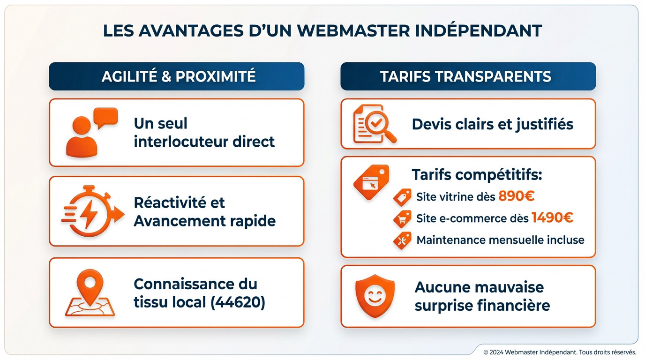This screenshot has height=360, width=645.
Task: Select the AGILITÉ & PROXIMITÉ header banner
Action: [177, 76]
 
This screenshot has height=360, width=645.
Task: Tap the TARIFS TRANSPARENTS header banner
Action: [468, 76]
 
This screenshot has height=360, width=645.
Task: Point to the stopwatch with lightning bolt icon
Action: [91, 211]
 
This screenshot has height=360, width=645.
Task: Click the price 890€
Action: [516, 196]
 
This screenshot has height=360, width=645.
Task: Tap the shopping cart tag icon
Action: [402, 218]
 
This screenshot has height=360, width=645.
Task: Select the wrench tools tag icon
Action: [402, 240]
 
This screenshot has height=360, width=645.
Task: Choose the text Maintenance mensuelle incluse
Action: [500, 240]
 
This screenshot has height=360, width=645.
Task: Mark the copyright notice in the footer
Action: [560, 352]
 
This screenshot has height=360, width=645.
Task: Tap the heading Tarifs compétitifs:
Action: [477, 175]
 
